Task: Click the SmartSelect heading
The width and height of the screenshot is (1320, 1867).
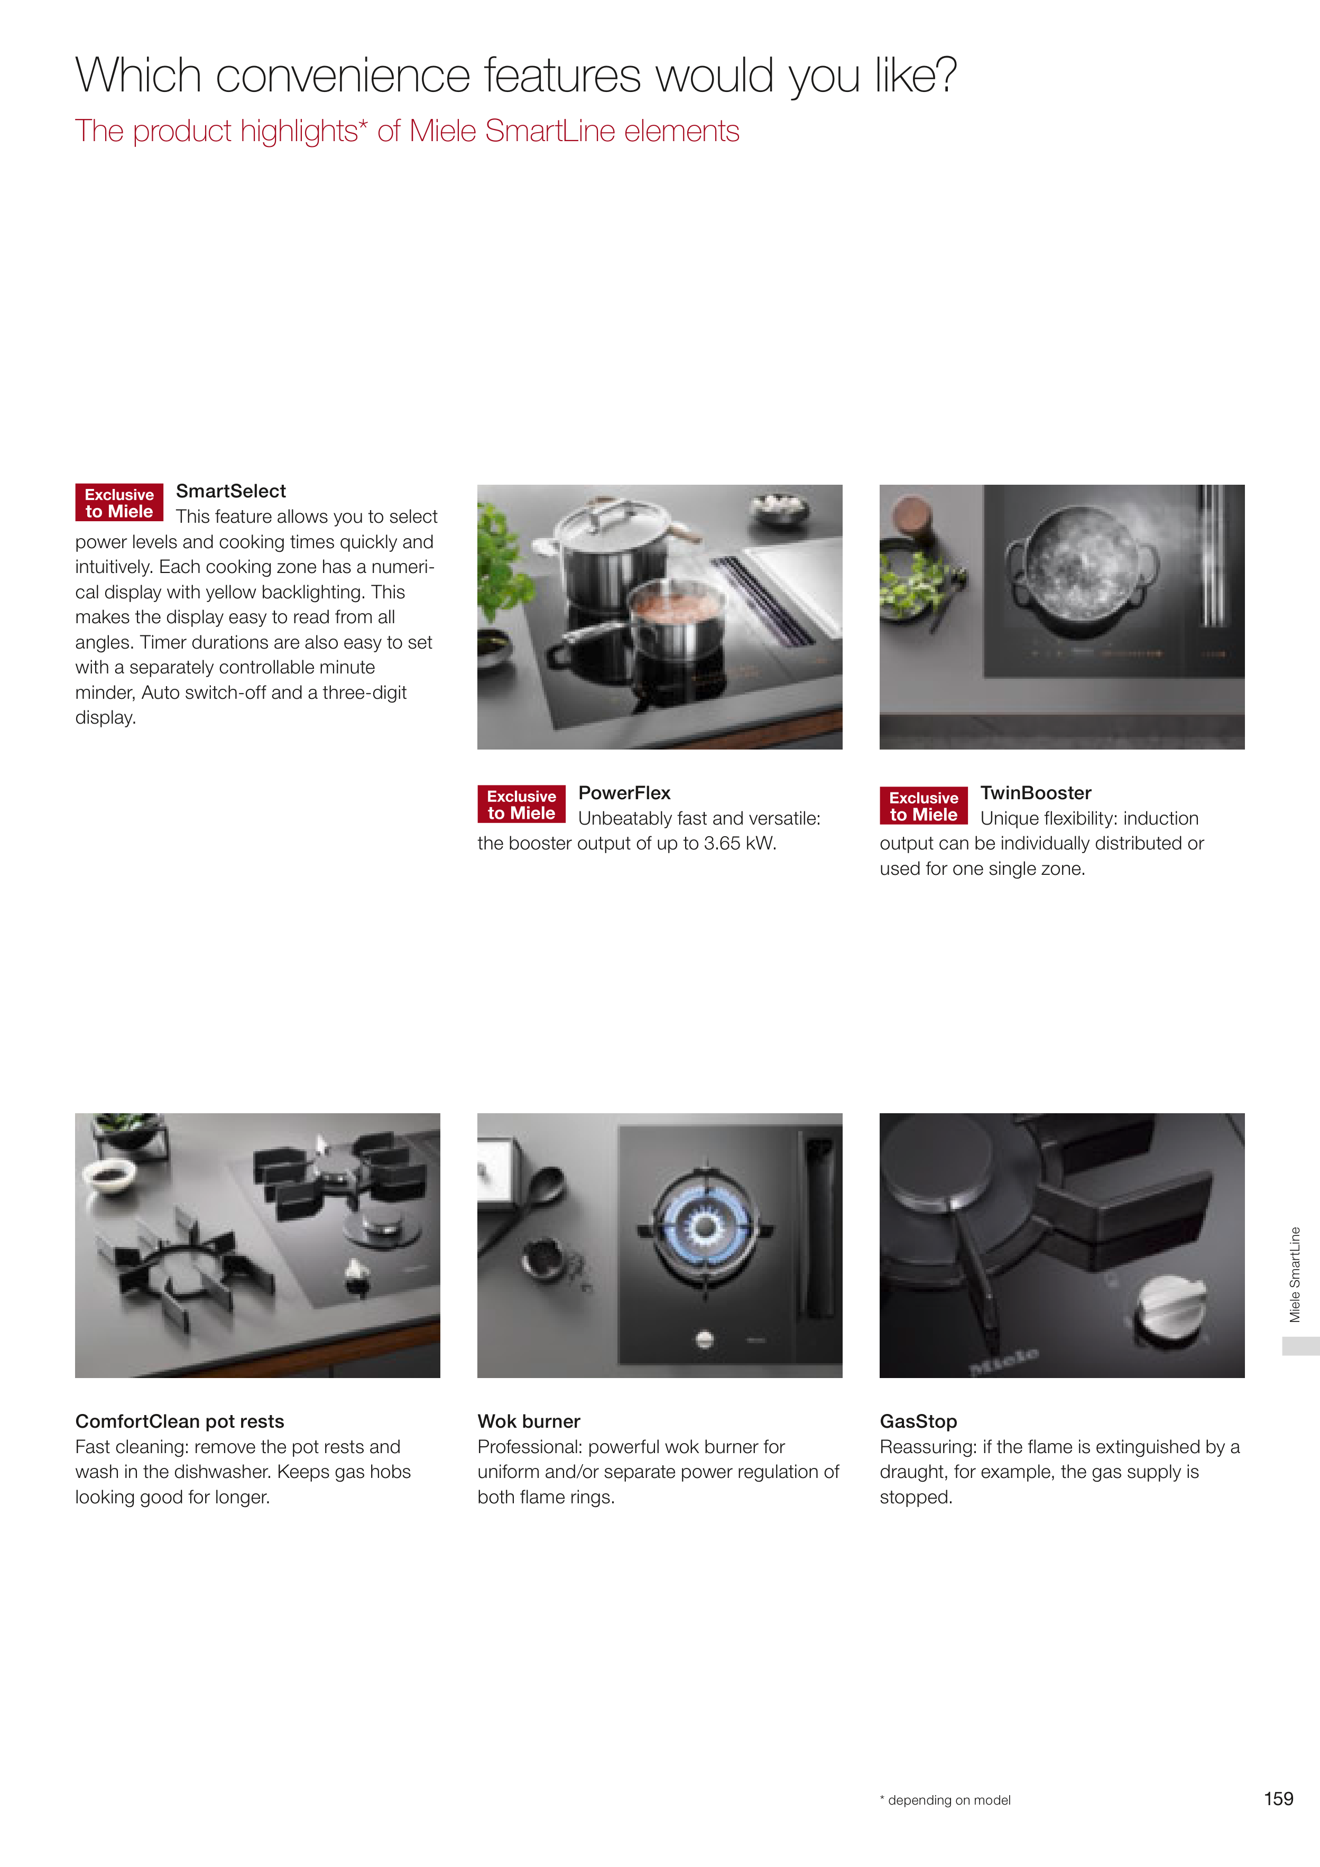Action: tap(231, 491)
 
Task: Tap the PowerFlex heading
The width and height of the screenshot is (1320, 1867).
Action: tap(625, 793)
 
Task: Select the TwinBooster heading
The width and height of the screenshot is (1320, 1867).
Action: tap(1036, 793)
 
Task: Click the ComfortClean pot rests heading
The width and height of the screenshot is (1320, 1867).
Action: tap(180, 1421)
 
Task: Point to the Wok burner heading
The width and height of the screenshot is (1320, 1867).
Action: tap(529, 1421)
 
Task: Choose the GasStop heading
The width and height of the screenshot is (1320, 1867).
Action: tap(918, 1421)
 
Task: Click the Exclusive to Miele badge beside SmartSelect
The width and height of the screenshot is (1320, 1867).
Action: tap(119, 503)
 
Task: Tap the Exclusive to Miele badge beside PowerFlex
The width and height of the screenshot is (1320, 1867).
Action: tap(521, 804)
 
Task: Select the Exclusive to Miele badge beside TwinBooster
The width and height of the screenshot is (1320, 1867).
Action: tap(924, 806)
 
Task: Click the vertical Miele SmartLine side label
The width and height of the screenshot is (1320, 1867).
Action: tap(1295, 1275)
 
